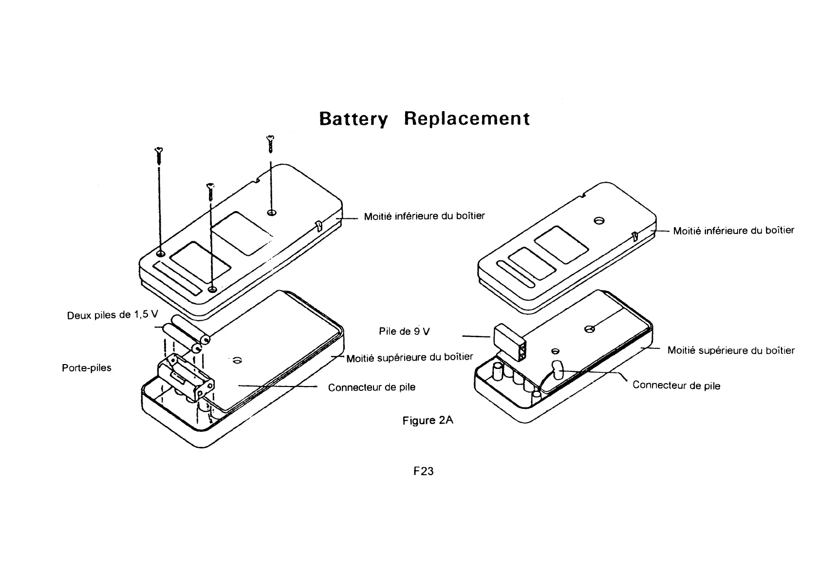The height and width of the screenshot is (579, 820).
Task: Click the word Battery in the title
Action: pyautogui.click(x=354, y=119)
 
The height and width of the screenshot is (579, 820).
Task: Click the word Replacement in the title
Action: pyautogui.click(x=466, y=118)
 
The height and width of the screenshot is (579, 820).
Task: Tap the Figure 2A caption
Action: pyautogui.click(x=428, y=420)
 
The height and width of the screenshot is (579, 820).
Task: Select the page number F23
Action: pyautogui.click(x=423, y=471)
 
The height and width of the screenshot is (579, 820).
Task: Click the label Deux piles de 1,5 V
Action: pyautogui.click(x=112, y=315)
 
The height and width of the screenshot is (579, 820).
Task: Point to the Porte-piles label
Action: pyautogui.click(x=87, y=367)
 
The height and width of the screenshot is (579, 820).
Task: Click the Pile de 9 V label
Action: pyautogui.click(x=404, y=331)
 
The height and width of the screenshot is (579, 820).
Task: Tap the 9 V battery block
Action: pyautogui.click(x=509, y=343)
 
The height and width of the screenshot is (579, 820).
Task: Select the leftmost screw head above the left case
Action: pyautogui.click(x=158, y=150)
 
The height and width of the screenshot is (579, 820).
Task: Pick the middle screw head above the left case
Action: pyautogui.click(x=210, y=186)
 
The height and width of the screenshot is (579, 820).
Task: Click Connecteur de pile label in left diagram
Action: pyautogui.click(x=372, y=387)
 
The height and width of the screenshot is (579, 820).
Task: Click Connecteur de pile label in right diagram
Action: pyautogui.click(x=676, y=386)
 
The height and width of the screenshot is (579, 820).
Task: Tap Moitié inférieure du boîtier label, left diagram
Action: pyautogui.click(x=424, y=216)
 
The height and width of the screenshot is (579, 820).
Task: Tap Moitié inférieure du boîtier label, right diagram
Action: pyautogui.click(x=733, y=231)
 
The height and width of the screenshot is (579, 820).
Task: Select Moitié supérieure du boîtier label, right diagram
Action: pyautogui.click(x=730, y=350)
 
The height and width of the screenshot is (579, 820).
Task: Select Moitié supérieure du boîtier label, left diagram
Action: pyautogui.click(x=410, y=358)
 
